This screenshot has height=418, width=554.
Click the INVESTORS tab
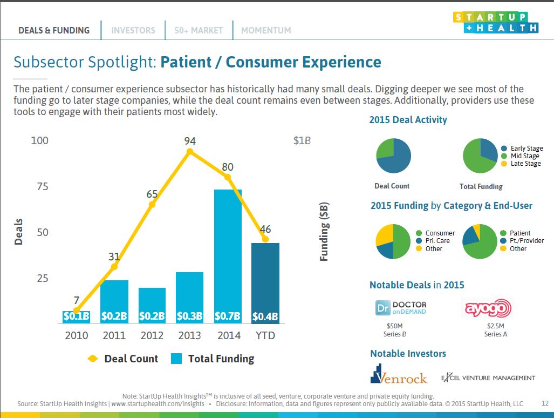133,30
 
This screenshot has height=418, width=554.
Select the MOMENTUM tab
266,30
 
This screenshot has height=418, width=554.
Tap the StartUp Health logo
496,22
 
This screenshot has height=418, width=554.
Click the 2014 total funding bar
228,257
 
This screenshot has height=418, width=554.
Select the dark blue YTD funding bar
265,283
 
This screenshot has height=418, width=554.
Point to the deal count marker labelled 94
190,152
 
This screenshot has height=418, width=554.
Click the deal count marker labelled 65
152,204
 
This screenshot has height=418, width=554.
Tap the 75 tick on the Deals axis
43,186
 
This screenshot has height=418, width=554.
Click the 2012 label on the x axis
152,335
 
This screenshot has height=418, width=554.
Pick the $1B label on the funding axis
302,141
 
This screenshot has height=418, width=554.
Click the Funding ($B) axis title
324,232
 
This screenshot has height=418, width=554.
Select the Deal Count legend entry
123,359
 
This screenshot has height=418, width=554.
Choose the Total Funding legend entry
213,359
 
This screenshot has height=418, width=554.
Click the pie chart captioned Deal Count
394,156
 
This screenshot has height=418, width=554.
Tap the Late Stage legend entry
521,164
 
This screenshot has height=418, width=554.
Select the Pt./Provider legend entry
522,241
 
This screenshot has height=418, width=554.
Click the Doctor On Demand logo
401,308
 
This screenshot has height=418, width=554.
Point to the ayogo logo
488,308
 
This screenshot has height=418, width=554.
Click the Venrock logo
399,374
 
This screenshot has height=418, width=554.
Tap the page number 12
545,403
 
